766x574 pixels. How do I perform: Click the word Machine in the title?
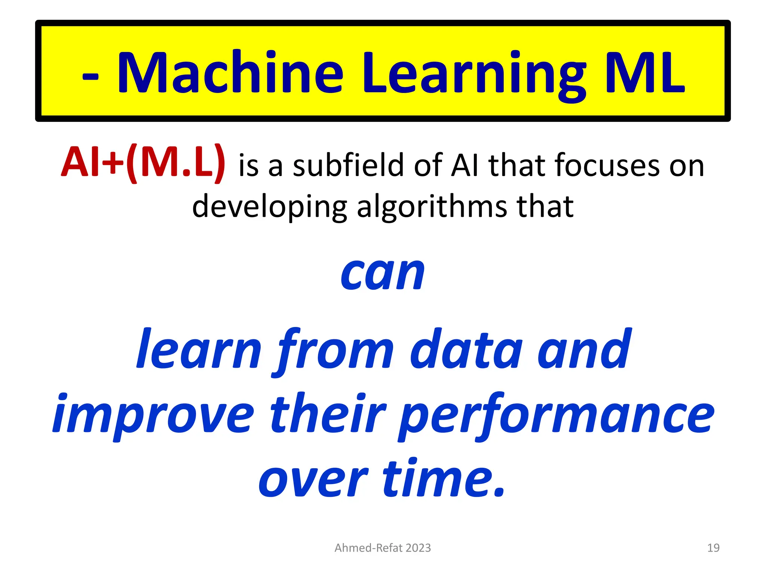click(x=230, y=72)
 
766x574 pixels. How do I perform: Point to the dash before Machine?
click(x=91, y=77)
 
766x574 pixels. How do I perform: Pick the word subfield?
click(x=348, y=165)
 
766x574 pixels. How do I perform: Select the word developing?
click(x=269, y=207)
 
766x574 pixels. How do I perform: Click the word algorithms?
click(x=432, y=207)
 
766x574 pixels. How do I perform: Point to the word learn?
click(x=199, y=349)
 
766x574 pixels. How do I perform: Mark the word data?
click(x=466, y=349)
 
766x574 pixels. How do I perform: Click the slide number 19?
click(x=713, y=548)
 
